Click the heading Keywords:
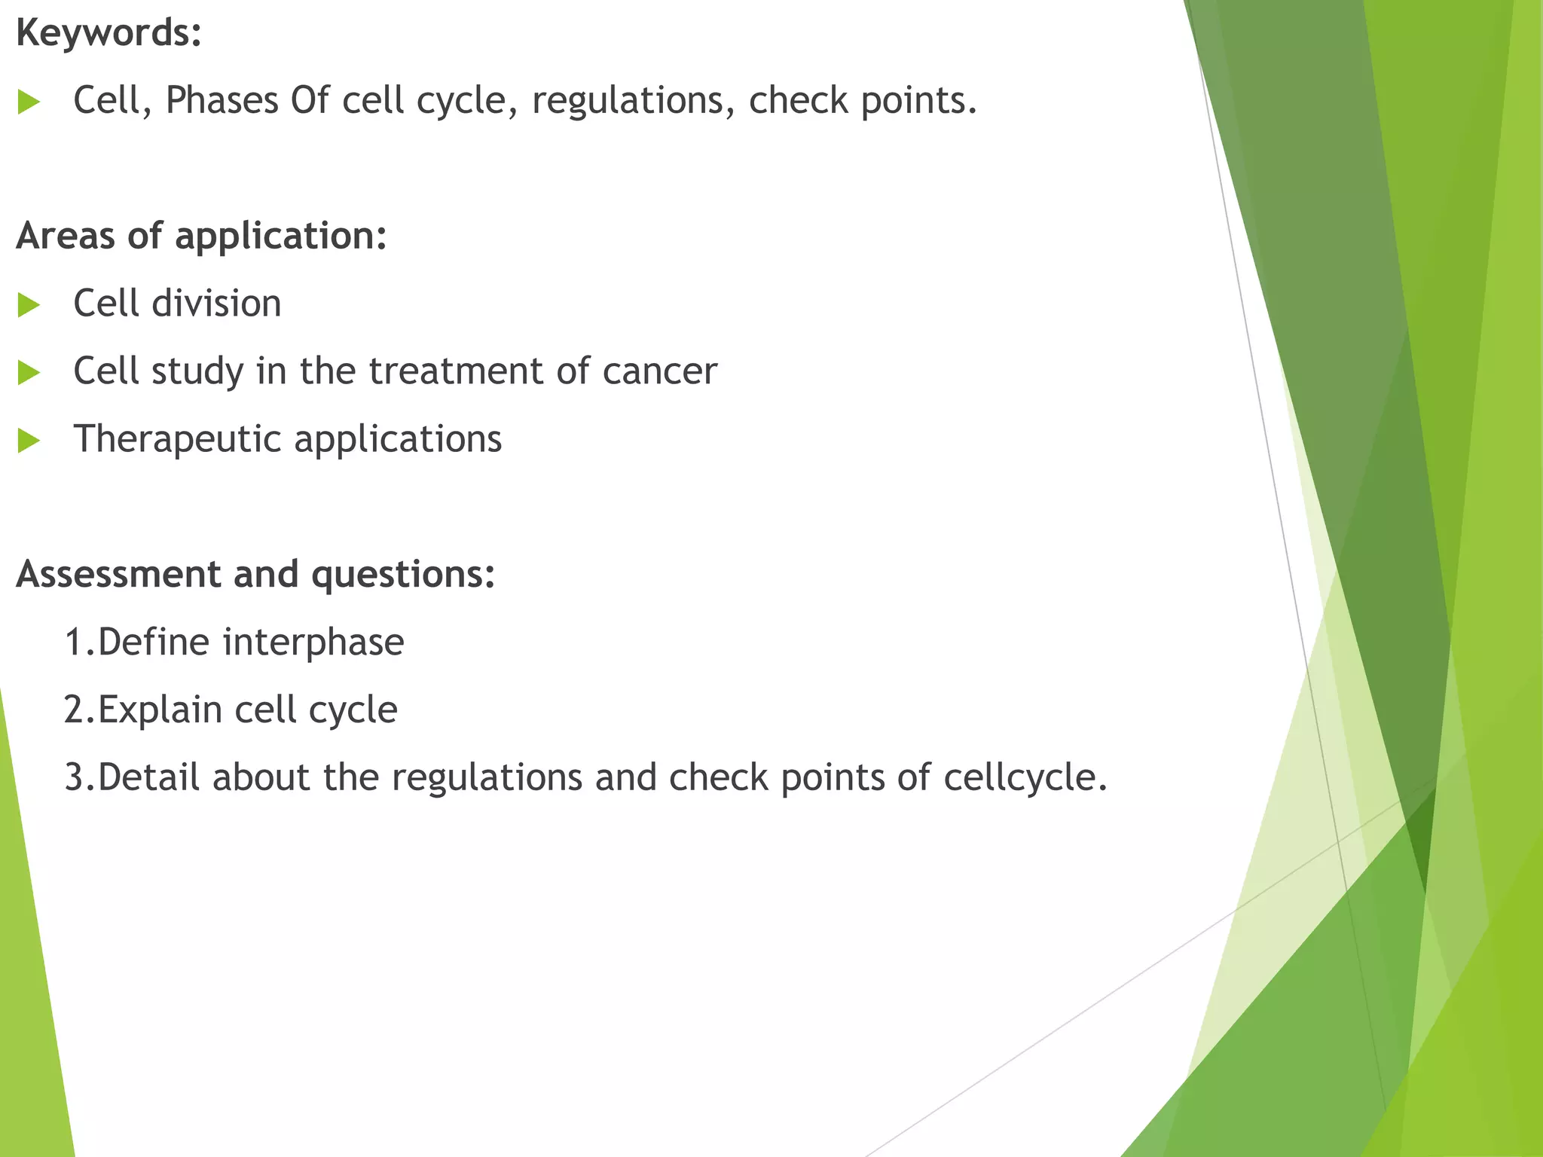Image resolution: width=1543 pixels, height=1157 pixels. pos(108,33)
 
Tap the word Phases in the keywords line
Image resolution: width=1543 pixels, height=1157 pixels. pos(222,100)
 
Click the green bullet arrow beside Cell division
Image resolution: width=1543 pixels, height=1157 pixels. pos(28,305)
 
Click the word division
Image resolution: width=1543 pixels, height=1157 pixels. pos(216,304)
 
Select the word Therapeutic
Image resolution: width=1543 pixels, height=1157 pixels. pos(177,439)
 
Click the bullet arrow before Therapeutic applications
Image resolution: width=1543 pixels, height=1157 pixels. pos(28,441)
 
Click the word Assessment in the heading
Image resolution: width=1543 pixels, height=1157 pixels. pos(118,574)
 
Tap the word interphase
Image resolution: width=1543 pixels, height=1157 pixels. pos(313,643)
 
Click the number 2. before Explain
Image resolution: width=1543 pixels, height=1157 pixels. pos(79,710)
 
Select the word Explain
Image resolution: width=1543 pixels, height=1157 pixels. pos(160,710)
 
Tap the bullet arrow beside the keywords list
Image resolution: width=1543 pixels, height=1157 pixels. pos(28,102)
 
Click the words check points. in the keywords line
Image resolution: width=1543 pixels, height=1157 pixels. pos(863,100)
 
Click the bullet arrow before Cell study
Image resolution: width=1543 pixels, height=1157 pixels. pos(28,372)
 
